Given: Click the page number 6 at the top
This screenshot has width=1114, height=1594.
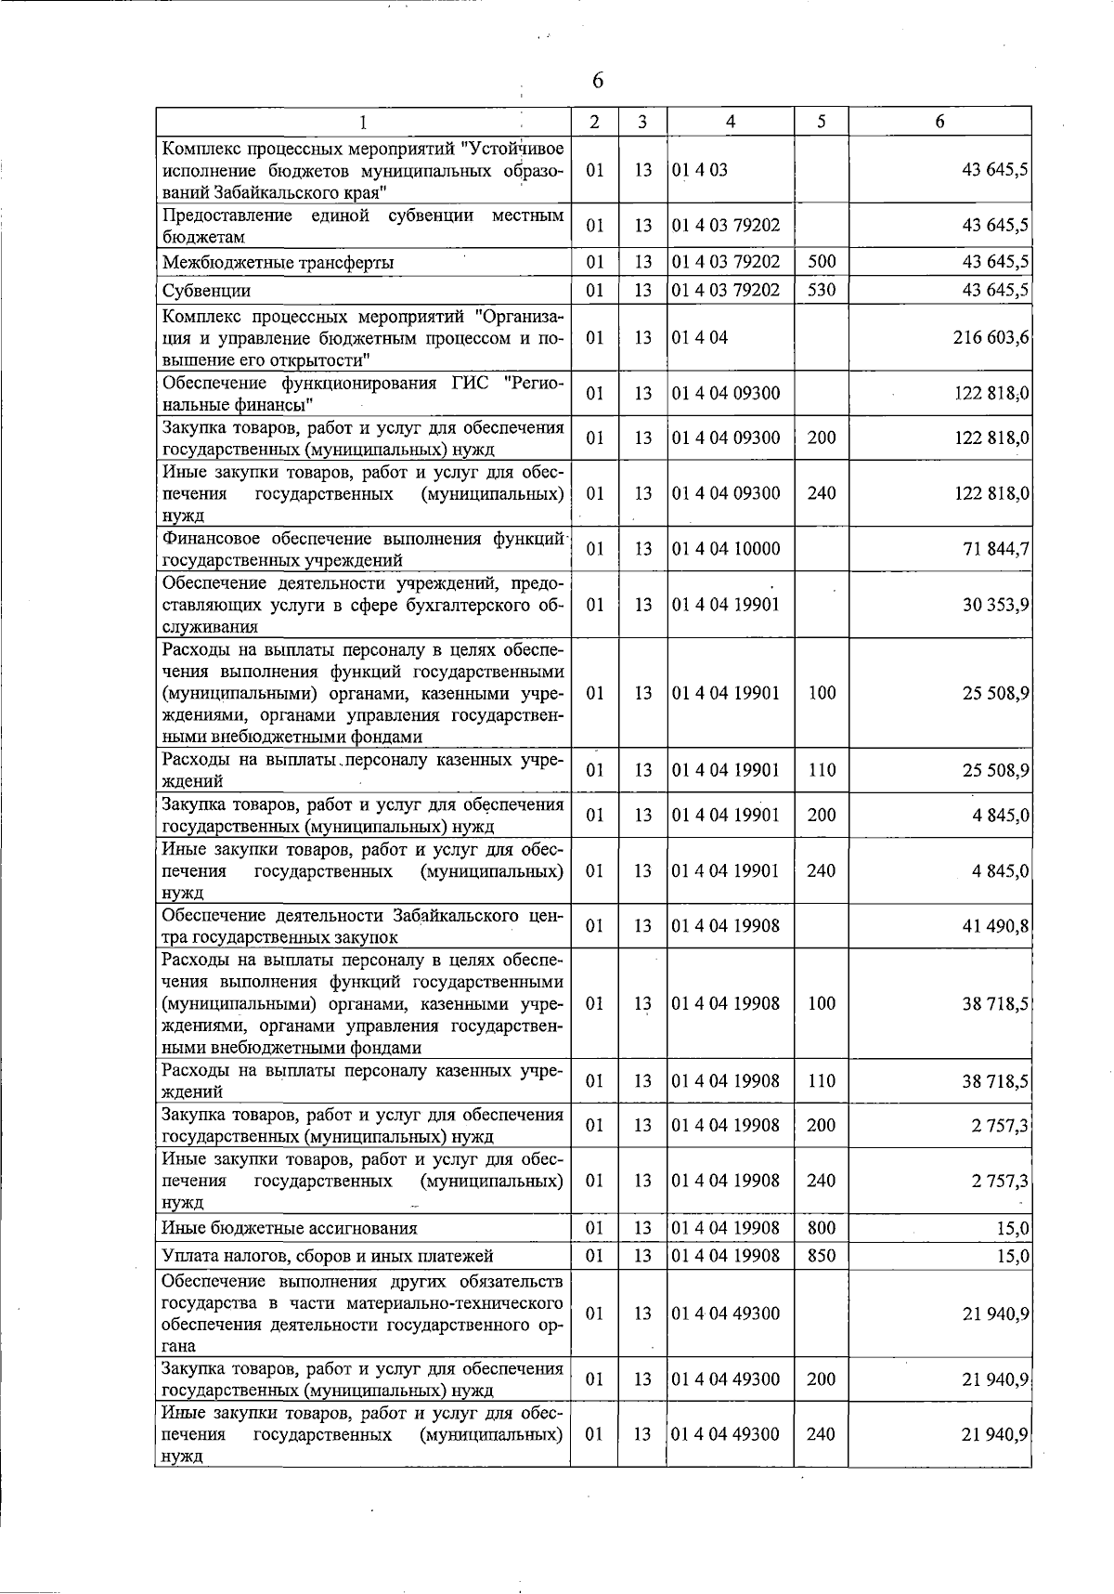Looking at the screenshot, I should [597, 82].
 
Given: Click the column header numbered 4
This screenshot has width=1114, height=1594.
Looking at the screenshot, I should [731, 122].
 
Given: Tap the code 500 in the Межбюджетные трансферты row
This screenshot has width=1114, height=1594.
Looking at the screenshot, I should [822, 262].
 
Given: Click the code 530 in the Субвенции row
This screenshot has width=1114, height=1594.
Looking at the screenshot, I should [822, 290].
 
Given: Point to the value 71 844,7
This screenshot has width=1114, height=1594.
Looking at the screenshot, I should [996, 549].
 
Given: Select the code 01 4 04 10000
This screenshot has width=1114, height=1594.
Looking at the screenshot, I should [725, 549].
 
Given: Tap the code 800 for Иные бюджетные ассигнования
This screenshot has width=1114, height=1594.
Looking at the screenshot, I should [822, 1228].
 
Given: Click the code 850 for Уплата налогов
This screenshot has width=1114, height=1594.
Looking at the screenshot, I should [822, 1256].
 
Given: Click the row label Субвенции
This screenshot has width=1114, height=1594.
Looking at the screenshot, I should [206, 291].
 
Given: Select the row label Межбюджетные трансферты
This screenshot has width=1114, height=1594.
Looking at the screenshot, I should [278, 263].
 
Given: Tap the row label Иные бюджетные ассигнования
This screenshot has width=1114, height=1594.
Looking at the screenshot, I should [289, 1229].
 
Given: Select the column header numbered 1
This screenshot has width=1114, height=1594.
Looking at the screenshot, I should [363, 122].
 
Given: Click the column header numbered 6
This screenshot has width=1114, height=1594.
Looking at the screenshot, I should [939, 122].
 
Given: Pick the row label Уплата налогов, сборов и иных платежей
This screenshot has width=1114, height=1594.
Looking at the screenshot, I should [328, 1257].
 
